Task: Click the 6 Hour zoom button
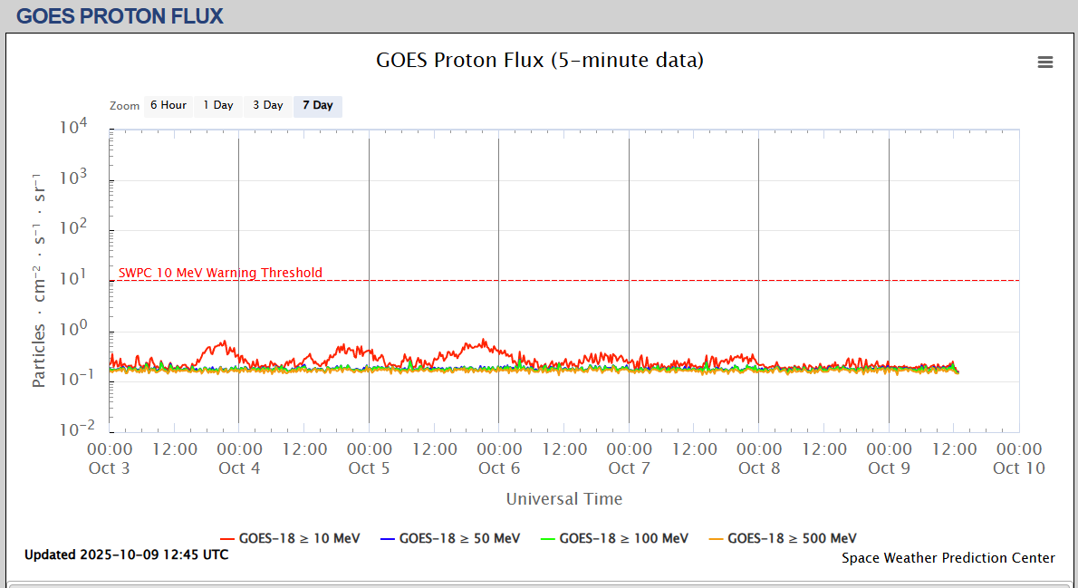coord(168,105)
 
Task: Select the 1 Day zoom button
coord(218,105)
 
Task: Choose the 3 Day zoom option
coord(268,105)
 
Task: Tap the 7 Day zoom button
coord(318,105)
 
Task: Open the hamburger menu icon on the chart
coord(1045,62)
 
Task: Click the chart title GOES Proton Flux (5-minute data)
coord(540,61)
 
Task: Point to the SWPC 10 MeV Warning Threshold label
coord(220,273)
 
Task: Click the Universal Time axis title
coord(564,498)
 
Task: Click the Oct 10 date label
coord(1019,468)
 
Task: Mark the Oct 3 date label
coord(110,468)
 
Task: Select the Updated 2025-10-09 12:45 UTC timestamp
coord(127,554)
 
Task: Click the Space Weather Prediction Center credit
coord(948,558)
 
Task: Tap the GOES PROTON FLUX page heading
coord(120,15)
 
